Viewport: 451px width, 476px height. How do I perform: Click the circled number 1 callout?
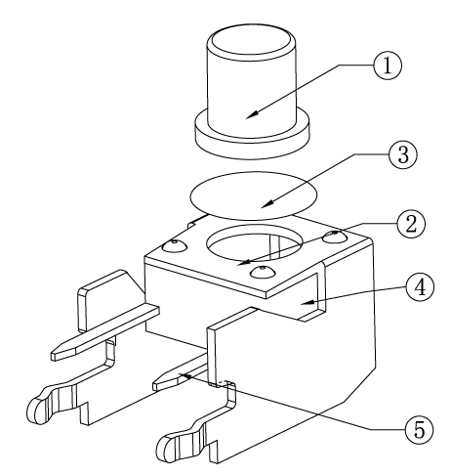388,65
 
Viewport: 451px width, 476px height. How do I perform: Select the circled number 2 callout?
411,224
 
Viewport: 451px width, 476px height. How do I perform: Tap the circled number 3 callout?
403,154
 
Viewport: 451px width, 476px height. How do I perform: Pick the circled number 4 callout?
420,287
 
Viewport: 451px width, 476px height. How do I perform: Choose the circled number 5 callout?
419,429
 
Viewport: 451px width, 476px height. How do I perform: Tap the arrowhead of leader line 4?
307,303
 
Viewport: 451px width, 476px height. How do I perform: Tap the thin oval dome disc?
253,195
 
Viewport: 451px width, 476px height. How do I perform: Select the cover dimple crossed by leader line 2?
335,237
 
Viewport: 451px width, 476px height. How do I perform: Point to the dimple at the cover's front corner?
263,272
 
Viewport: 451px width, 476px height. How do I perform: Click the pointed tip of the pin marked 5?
155,386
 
